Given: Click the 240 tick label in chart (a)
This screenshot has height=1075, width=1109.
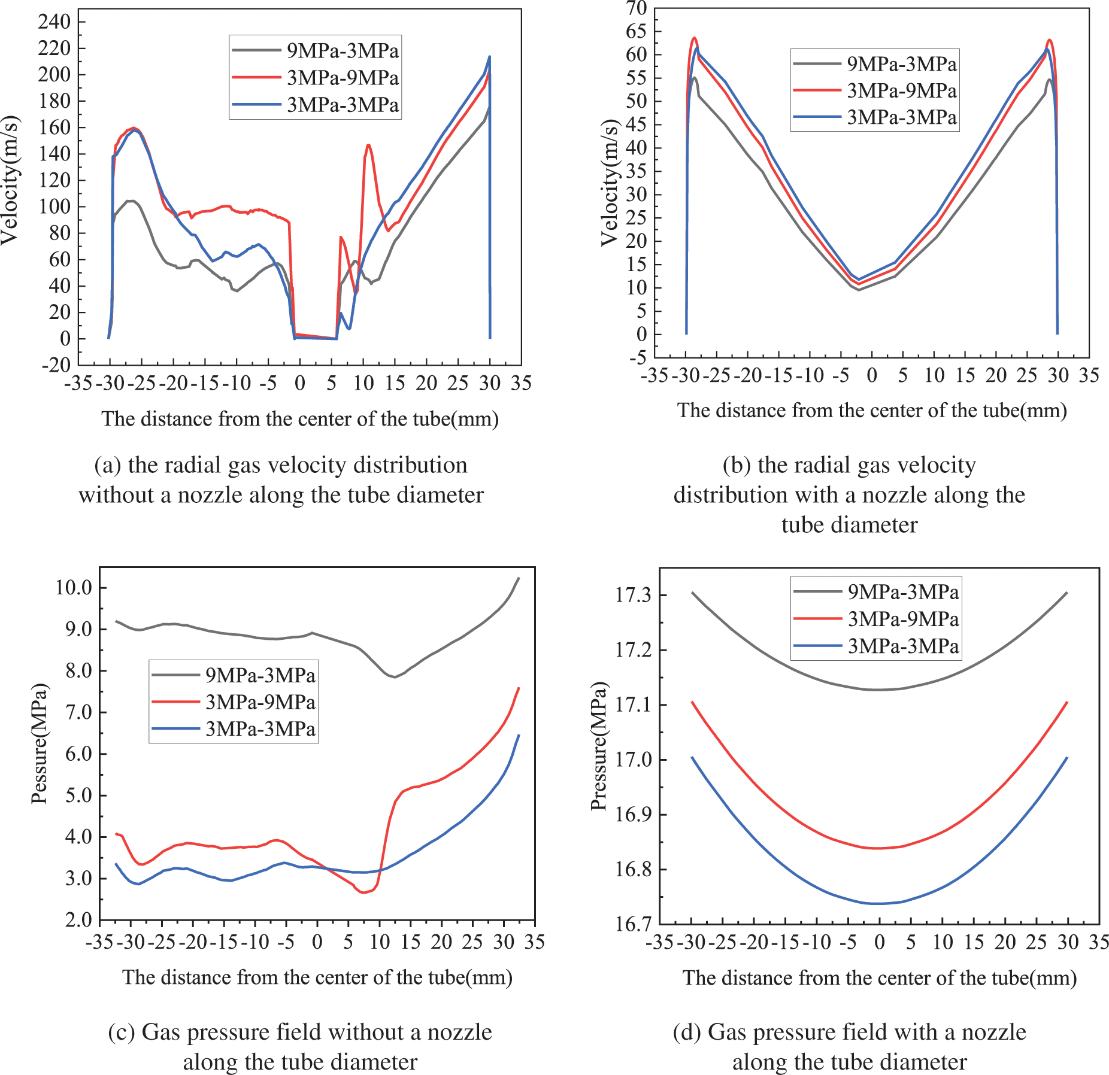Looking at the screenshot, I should pyautogui.click(x=54, y=22).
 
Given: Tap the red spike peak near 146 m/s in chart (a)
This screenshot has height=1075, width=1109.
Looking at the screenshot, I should pyautogui.click(x=368, y=145).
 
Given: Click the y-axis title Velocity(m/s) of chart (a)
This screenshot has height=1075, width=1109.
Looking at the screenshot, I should pyautogui.click(x=10, y=180).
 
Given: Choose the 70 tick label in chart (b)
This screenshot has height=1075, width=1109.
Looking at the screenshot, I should pyautogui.click(x=637, y=8).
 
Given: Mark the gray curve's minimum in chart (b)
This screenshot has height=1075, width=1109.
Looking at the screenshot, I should pyautogui.click(x=859, y=290).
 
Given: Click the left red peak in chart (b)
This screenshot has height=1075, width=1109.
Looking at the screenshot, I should pyautogui.click(x=695, y=38).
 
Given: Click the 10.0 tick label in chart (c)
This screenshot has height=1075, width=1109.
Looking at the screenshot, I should pyautogui.click(x=74, y=588).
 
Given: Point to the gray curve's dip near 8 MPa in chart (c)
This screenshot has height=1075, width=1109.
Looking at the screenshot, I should pyautogui.click(x=393, y=677).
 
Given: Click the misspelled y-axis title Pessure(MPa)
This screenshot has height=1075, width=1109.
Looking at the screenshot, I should pyautogui.click(x=40, y=744).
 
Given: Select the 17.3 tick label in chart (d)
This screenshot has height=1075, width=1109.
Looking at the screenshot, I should pyautogui.click(x=633, y=596).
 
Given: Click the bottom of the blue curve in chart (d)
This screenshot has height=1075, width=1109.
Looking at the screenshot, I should pyautogui.click(x=878, y=904).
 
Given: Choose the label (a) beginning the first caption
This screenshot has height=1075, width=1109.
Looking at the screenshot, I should pyautogui.click(x=108, y=465).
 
